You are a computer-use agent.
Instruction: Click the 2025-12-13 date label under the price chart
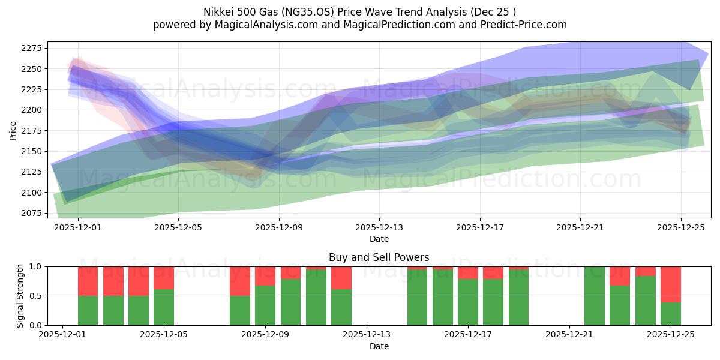[x=379, y=227]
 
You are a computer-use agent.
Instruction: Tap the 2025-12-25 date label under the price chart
[x=680, y=227]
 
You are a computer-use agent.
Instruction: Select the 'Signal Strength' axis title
[x=20, y=296]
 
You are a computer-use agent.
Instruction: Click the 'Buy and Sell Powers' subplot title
[x=379, y=257]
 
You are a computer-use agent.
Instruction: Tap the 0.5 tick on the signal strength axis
[x=36, y=296]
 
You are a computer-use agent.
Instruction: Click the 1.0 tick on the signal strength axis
[x=36, y=266]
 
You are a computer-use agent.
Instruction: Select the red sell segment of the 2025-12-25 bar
[x=671, y=284]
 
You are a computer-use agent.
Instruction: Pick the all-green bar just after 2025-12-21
[x=595, y=296]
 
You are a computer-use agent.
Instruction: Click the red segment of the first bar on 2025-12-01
[x=88, y=281]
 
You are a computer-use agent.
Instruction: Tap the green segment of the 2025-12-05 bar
[x=164, y=307]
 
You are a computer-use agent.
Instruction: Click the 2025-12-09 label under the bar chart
[x=265, y=335]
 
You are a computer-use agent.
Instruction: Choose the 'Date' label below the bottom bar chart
[x=379, y=346]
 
